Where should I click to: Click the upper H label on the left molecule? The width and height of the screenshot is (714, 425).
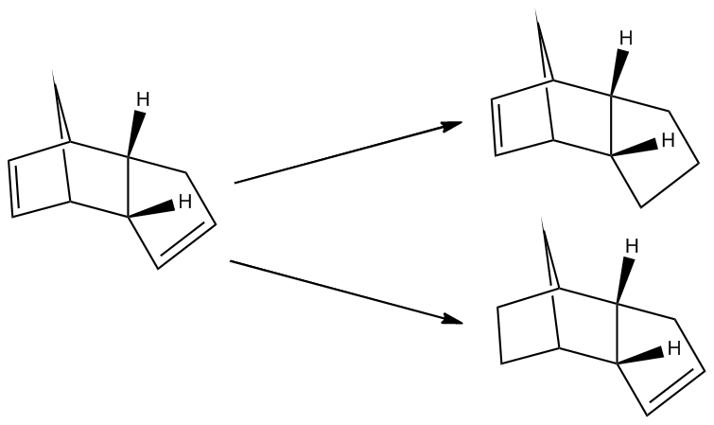click(143, 99)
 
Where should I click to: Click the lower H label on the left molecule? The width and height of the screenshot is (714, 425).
click(185, 201)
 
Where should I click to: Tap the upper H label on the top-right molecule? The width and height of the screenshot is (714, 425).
click(626, 38)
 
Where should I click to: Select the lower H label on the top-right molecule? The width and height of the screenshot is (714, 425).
click(668, 140)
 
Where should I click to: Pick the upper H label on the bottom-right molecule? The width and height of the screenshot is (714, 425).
click(632, 246)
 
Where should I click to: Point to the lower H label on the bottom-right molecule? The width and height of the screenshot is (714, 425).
click(674, 348)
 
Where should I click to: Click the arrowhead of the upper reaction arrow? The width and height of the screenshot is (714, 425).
click(452, 125)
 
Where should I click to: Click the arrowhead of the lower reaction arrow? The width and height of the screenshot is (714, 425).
click(452, 319)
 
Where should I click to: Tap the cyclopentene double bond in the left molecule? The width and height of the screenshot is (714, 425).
click(186, 244)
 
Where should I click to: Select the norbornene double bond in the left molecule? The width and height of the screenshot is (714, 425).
click(13, 188)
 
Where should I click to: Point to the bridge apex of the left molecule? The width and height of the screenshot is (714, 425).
click(53, 72)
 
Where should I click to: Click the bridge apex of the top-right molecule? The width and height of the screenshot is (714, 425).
click(536, 10)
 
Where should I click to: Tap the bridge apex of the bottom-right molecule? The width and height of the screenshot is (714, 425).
click(542, 219)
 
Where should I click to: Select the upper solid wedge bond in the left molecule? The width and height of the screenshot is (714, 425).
click(135, 133)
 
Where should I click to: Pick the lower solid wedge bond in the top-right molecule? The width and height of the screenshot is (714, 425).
click(634, 149)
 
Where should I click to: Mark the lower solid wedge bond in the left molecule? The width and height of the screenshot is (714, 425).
click(151, 209)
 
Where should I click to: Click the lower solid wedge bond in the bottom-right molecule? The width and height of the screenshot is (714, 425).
click(640, 357)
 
